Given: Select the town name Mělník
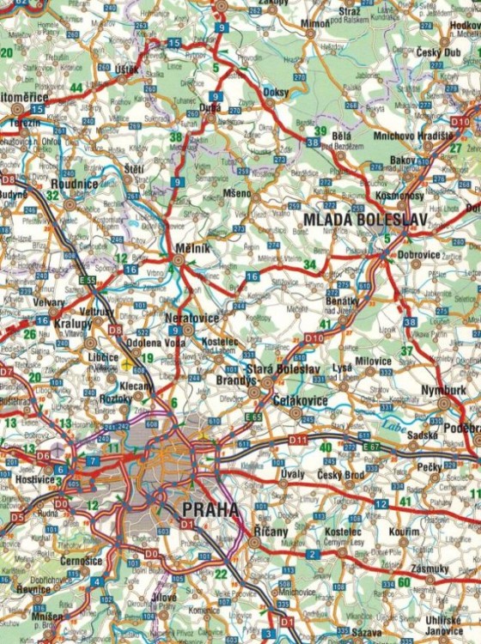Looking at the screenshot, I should tap(187, 248).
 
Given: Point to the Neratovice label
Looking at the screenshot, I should tap(191, 318).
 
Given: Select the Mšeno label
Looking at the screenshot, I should tap(236, 193).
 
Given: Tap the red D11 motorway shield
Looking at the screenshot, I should tap(298, 440).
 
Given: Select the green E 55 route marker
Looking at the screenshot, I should tap(87, 280).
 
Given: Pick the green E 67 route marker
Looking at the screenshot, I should tap(370, 447).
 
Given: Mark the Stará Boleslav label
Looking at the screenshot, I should tap(273, 369).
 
